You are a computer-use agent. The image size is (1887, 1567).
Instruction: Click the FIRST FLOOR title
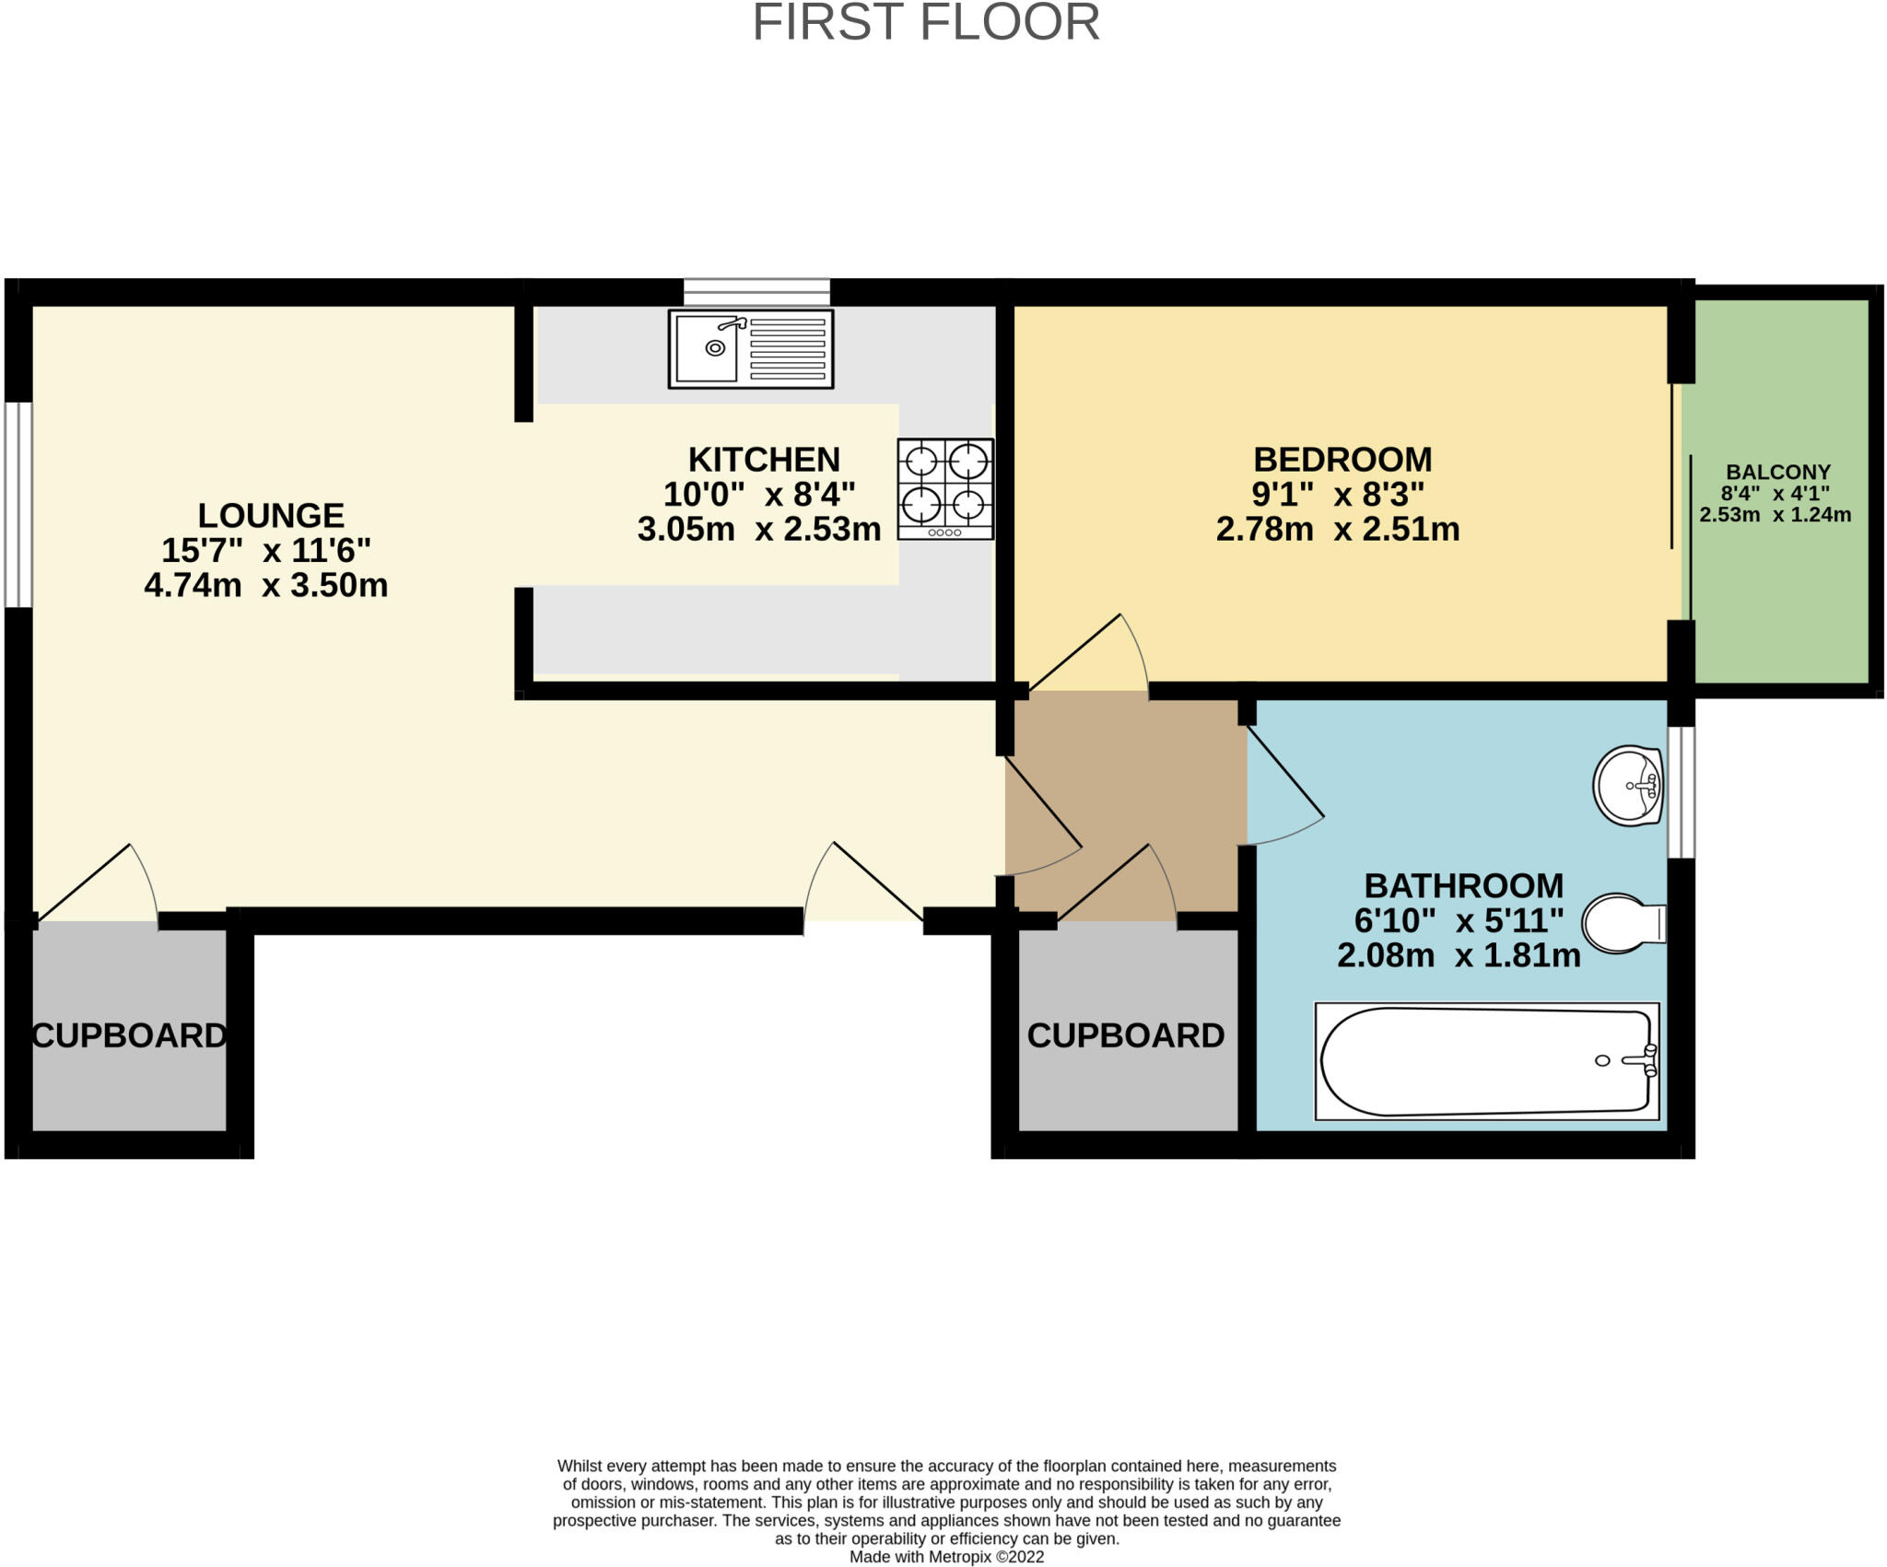[926, 22]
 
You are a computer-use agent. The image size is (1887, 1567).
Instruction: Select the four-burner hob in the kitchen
[945, 488]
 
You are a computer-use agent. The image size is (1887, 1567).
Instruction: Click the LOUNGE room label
[271, 515]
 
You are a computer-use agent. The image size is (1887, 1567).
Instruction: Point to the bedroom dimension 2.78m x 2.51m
[1337, 530]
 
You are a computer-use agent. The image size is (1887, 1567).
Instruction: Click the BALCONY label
[1777, 472]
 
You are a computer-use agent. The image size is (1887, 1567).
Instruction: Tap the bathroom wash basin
[1628, 786]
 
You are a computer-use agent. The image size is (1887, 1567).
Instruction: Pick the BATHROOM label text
[1463, 886]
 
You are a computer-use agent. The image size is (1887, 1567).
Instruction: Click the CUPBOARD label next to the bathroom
[1125, 1035]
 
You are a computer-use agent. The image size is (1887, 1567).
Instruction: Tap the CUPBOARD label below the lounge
[129, 1035]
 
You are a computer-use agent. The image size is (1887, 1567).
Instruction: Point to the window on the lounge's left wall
[18, 505]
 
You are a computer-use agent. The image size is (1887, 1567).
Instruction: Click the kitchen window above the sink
[756, 292]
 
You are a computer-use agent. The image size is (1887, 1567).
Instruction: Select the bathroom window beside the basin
[1682, 792]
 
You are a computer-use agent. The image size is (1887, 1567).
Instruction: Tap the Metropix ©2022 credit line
[946, 1557]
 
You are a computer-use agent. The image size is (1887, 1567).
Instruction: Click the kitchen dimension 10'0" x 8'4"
[759, 495]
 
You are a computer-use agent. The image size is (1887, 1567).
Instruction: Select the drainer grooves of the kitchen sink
[787, 348]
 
